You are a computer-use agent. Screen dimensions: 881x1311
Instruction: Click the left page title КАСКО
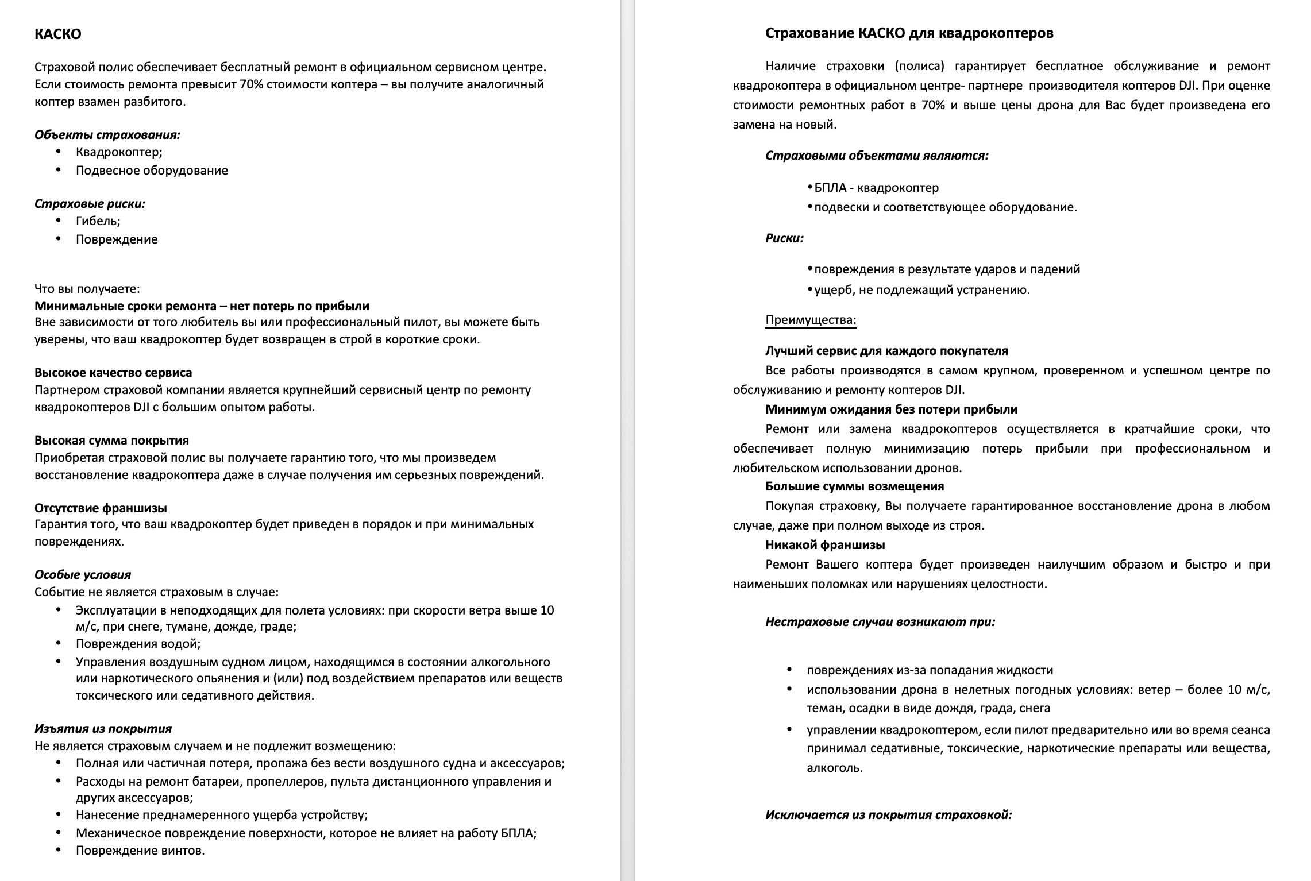click(x=57, y=34)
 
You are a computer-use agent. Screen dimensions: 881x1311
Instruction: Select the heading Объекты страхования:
click(x=107, y=135)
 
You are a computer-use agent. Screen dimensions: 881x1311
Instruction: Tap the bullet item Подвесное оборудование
click(x=152, y=171)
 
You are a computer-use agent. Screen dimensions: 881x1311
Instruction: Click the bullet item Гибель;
click(x=98, y=221)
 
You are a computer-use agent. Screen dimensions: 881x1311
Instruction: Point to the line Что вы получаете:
click(x=87, y=288)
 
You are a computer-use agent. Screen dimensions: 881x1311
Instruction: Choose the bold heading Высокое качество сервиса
click(x=113, y=373)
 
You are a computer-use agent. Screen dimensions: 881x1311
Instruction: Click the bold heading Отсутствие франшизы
click(x=101, y=508)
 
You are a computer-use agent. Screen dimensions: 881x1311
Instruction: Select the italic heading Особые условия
click(x=83, y=575)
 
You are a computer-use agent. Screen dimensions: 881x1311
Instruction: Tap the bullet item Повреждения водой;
click(x=138, y=644)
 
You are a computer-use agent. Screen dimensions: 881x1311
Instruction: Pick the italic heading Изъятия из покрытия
click(x=103, y=729)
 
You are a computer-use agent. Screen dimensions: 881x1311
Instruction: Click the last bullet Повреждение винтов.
click(x=140, y=851)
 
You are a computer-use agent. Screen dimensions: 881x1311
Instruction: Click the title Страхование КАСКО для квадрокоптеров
click(x=909, y=33)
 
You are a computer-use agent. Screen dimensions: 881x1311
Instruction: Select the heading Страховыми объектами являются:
click(x=877, y=156)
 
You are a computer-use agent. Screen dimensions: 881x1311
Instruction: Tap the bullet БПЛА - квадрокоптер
click(x=876, y=188)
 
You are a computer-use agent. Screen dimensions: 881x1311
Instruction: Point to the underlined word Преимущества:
click(x=811, y=320)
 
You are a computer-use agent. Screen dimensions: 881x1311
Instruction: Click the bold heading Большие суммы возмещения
click(x=854, y=486)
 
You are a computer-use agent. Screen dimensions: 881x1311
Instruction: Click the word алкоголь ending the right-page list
click(x=834, y=768)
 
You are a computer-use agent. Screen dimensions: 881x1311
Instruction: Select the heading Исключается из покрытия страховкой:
click(x=888, y=815)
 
